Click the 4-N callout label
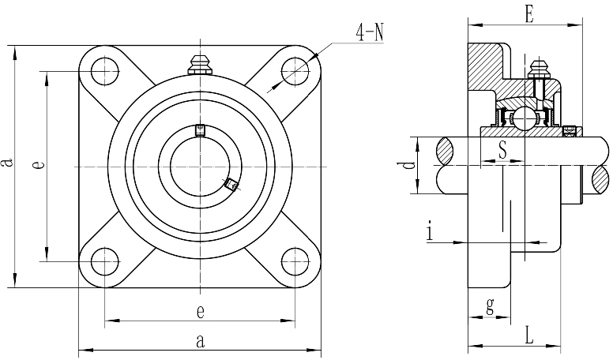point(370,32)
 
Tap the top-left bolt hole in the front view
point(105,72)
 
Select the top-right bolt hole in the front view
point(295,71)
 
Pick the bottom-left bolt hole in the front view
point(105,261)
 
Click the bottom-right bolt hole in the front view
point(295,261)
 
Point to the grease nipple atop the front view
point(200,65)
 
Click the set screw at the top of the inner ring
point(200,130)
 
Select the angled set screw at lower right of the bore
point(231,184)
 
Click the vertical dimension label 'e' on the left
point(38,165)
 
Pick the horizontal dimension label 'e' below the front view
point(200,312)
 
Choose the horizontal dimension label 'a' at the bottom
point(200,341)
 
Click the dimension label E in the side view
point(529,15)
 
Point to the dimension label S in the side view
point(502,149)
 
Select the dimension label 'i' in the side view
point(430,231)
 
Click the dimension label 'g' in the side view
point(490,306)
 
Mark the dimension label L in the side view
point(529,336)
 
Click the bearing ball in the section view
point(523,118)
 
